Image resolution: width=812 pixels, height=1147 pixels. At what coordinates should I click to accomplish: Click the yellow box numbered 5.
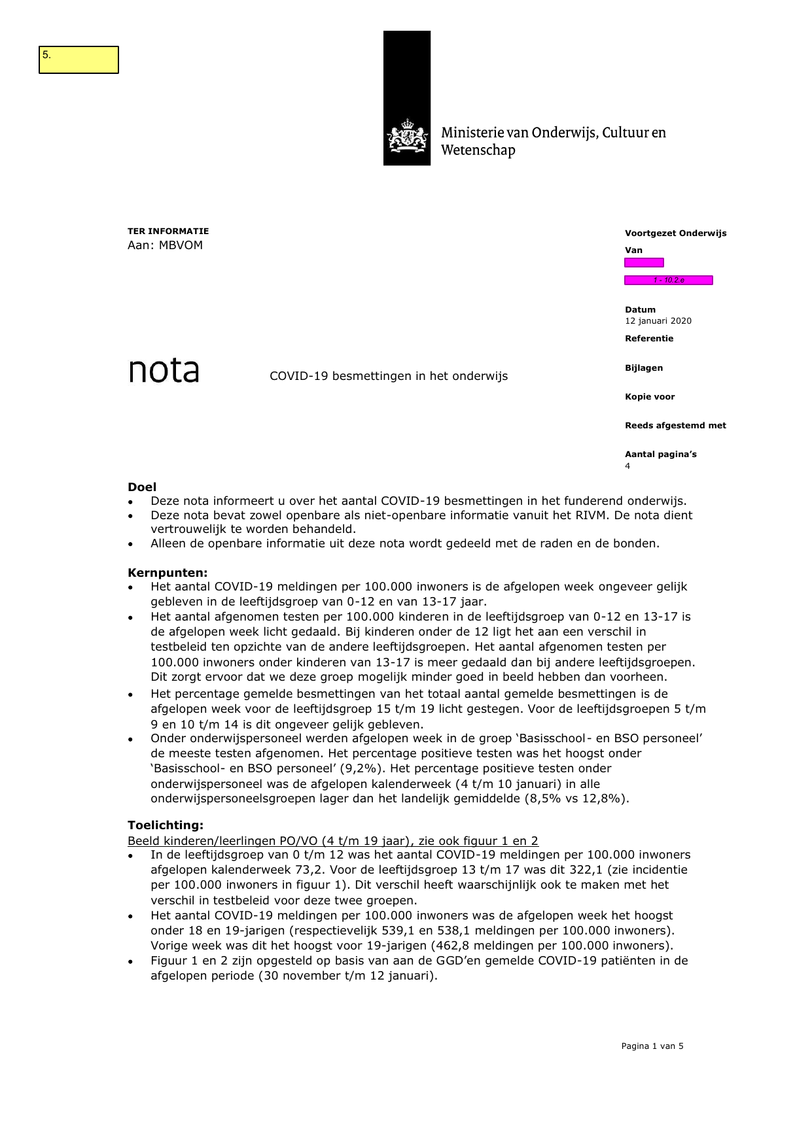(79, 60)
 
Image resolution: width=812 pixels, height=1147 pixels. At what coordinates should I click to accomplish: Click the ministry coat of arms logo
(407, 137)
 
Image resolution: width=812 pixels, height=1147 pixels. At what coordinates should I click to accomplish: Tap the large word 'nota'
(164, 371)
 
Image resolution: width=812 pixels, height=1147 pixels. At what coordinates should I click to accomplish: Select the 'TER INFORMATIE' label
(168, 231)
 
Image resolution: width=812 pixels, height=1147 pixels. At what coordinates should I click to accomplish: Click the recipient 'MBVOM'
(181, 245)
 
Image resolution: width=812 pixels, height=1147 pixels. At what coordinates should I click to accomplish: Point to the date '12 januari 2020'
(658, 321)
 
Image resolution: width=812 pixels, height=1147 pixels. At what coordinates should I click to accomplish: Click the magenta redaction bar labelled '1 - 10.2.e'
(668, 281)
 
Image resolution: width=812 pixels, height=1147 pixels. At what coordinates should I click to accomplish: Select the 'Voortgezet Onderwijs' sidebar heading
(675, 233)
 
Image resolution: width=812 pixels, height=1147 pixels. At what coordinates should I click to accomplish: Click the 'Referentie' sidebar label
(648, 339)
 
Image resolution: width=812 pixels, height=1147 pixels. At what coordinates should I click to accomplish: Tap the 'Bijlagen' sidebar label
(643, 368)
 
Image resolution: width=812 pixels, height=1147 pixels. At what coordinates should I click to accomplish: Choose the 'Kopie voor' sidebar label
(649, 397)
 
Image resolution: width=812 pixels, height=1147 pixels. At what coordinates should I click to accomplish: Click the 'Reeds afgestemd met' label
(675, 426)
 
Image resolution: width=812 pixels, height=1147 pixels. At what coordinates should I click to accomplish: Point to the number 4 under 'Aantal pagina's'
(627, 466)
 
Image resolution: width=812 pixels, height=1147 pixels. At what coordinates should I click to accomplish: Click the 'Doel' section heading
(142, 487)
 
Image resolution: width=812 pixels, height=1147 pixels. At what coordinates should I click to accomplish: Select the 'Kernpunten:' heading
(168, 573)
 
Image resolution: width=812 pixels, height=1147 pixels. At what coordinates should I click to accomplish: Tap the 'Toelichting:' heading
(166, 825)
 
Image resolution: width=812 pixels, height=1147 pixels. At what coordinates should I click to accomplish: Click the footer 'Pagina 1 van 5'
(652, 1046)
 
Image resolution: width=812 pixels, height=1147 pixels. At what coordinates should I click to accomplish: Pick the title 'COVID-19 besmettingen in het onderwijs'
(389, 376)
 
